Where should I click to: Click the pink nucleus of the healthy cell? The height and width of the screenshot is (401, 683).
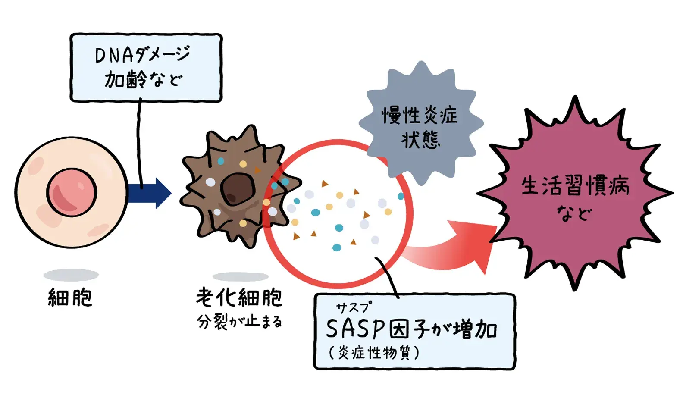(72, 192)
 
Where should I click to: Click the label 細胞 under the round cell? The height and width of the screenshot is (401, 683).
(70, 298)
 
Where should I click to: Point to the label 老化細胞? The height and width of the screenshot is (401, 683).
(239, 297)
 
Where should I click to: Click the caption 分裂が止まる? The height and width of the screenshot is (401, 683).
(239, 322)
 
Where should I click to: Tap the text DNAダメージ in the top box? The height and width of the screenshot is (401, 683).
(142, 55)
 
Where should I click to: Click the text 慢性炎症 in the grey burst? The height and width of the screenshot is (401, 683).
(420, 116)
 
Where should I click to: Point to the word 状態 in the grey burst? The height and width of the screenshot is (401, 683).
(420, 140)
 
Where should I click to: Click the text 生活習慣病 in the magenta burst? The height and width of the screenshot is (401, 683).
(575, 186)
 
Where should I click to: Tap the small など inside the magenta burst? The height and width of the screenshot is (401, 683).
(574, 213)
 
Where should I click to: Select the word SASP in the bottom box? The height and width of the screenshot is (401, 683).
(355, 330)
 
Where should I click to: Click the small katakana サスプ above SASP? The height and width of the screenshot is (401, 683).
(353, 307)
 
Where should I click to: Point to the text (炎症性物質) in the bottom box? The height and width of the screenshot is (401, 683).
(374, 353)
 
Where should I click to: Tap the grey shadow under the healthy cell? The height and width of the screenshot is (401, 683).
(71, 275)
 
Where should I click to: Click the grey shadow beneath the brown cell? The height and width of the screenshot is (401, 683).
(241, 276)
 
